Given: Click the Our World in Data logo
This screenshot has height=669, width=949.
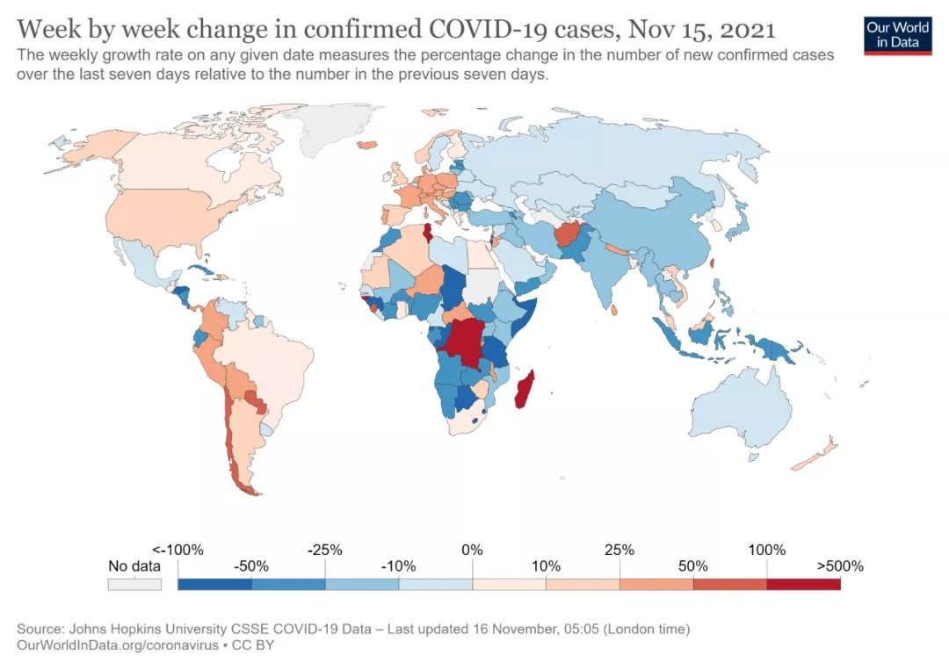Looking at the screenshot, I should coord(897,33).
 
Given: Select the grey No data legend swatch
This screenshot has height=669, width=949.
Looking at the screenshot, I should coord(134,584).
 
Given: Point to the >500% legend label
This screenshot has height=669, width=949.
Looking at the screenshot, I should coord(840,566).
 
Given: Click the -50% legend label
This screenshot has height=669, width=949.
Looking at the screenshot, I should coord(251,566).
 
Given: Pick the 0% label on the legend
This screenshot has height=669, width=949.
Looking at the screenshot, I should coord(472,550).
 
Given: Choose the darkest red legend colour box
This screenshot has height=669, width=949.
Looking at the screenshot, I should coord(803,584).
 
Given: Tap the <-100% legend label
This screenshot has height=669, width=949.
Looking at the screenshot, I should coord(177,550).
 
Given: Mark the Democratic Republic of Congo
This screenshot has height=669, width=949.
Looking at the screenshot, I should coord(466,342).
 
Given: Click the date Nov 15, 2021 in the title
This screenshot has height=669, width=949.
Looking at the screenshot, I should coord(702,30).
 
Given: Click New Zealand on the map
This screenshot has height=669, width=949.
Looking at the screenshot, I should coord(817,457).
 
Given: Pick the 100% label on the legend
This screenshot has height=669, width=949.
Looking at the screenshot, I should coord(766,550).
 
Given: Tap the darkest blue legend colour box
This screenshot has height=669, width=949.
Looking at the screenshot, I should coord(214,584).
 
